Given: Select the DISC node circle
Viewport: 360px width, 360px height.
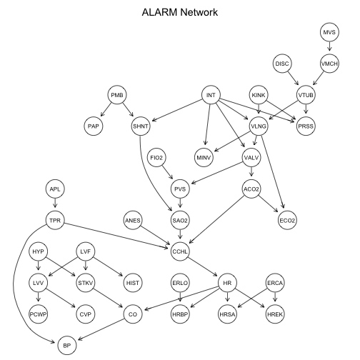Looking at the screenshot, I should (283, 64).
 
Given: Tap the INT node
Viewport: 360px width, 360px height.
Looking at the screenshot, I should (211, 95).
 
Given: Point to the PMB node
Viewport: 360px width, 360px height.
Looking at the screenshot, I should (117, 95).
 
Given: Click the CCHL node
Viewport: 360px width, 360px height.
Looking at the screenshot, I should (180, 250).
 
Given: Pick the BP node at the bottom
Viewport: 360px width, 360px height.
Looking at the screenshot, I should (66, 344).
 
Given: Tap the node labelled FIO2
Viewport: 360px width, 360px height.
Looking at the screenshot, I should (157, 157).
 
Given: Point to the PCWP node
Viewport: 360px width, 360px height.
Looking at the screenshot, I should (39, 312).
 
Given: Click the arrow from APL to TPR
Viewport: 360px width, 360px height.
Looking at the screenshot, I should (55, 205).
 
